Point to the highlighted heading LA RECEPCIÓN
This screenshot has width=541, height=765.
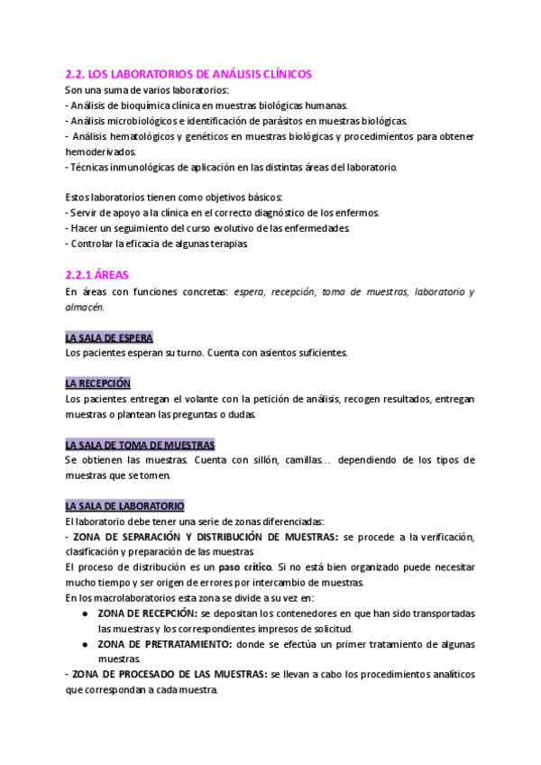click(x=98, y=382)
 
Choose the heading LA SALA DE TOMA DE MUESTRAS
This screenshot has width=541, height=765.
click(x=140, y=445)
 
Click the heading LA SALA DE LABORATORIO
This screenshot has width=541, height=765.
click(x=124, y=506)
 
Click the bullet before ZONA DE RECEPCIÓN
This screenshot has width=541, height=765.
click(x=84, y=613)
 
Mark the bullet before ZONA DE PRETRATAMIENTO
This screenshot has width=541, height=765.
click(x=84, y=644)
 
